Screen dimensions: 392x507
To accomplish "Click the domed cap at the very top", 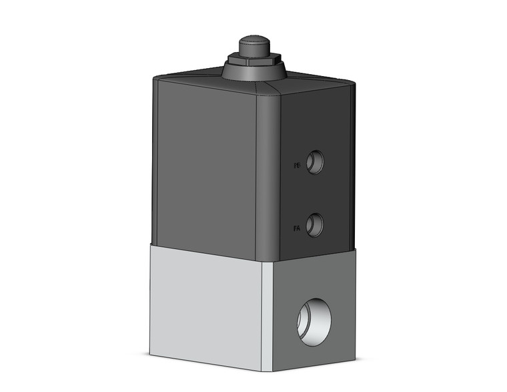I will (253, 47).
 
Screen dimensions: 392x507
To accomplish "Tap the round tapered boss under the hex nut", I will (253, 73).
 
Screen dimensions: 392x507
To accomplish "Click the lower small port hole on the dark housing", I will (315, 224).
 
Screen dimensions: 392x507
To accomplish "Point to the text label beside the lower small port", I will (297, 228).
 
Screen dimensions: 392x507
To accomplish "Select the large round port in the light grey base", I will (314, 321).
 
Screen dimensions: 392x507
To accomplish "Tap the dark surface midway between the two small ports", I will (315, 193).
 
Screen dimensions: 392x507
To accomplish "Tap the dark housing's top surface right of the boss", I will (314, 79).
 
